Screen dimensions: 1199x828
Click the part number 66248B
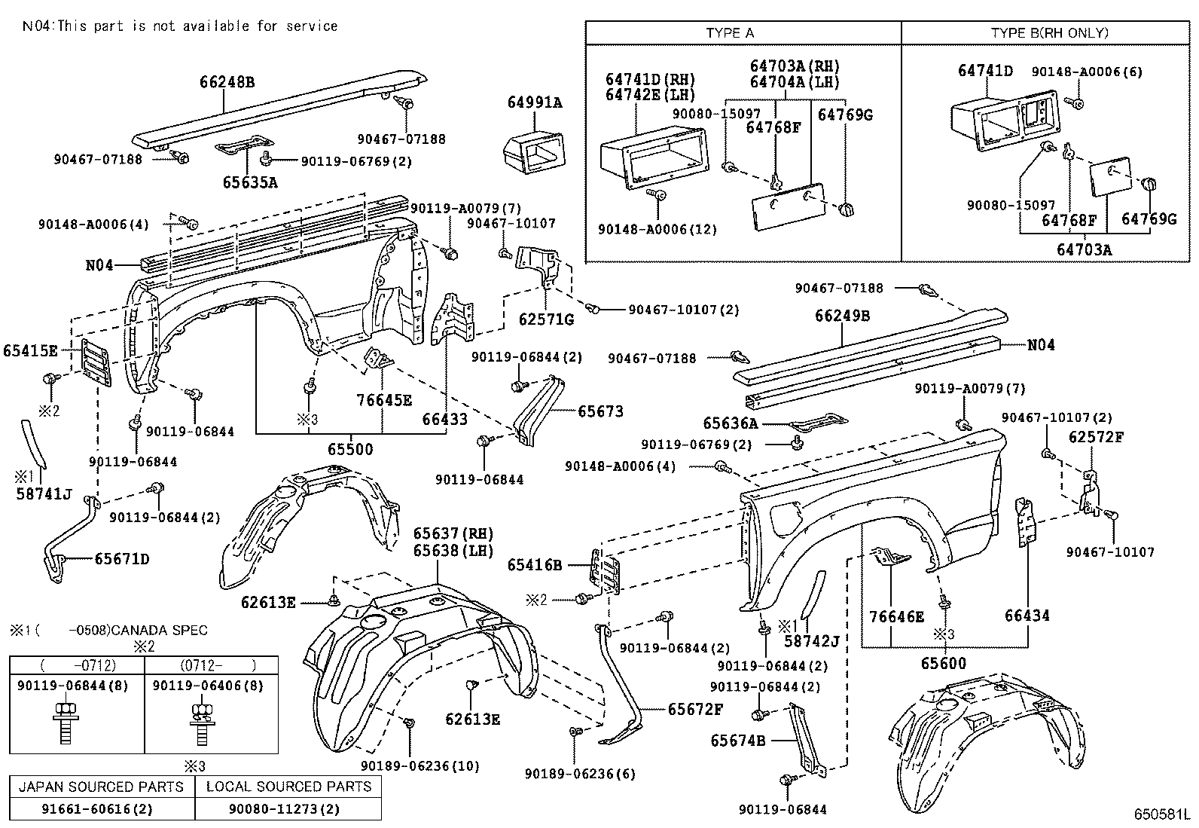tap(227, 82)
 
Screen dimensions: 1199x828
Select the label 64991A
tap(535, 102)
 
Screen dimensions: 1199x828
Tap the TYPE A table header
tap(730, 33)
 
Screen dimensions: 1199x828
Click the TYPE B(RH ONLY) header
tap(1049, 32)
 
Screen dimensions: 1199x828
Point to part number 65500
tap(350, 449)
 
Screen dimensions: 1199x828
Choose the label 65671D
tap(122, 559)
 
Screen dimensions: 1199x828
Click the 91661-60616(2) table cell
tap(97, 808)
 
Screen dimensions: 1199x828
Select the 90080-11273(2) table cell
tap(284, 808)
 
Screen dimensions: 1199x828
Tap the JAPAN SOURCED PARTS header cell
tap(101, 787)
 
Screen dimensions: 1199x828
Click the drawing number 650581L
tap(1161, 814)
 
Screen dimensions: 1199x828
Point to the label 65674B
tap(737, 741)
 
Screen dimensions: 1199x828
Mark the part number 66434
tap(1027, 616)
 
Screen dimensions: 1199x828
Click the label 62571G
tap(546, 319)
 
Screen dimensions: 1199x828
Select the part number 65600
tap(943, 664)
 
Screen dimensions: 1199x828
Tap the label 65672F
tap(695, 710)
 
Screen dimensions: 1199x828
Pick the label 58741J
tap(44, 493)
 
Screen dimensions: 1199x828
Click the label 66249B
tap(842, 316)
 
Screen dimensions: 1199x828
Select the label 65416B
tap(535, 565)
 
